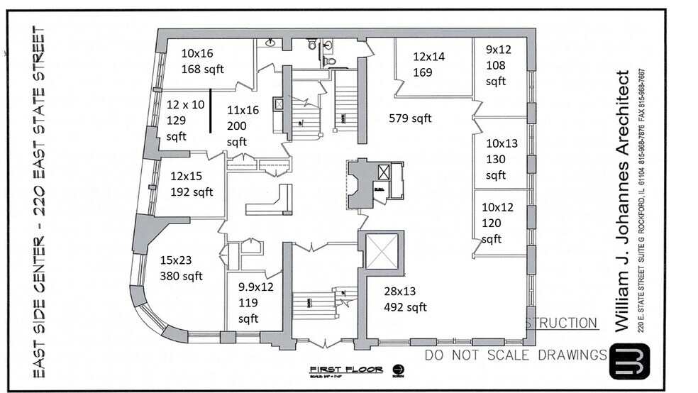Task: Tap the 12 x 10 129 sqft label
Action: pos(185,120)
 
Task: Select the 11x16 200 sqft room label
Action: pos(243,126)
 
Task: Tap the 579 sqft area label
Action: pos(410,118)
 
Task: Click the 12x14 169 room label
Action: pos(428,64)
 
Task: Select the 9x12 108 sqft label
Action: pos(497,65)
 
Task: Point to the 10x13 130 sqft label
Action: pos(502,159)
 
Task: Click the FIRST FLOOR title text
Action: pos(345,370)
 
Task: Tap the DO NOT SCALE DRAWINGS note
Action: pos(516,355)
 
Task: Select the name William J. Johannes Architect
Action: pos(623,201)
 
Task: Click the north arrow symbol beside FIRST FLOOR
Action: pos(397,370)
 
